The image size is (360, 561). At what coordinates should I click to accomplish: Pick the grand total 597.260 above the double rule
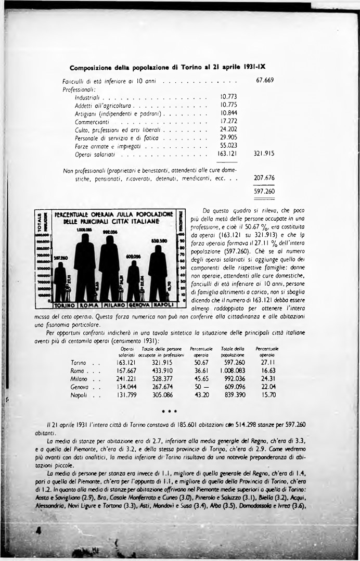point(264,191)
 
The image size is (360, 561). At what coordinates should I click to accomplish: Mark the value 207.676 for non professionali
point(264,178)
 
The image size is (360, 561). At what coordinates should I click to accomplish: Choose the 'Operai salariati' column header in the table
point(127,351)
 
